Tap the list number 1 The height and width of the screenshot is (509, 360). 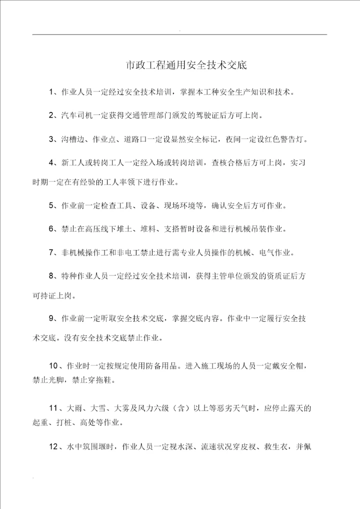pos(51,92)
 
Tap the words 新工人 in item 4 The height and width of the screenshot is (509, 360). pos(71,163)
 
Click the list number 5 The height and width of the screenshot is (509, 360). pos(51,205)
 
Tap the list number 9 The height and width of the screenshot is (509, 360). pos(51,317)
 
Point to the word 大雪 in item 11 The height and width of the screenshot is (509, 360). pos(97,407)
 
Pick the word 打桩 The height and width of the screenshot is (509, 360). pos(66,422)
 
